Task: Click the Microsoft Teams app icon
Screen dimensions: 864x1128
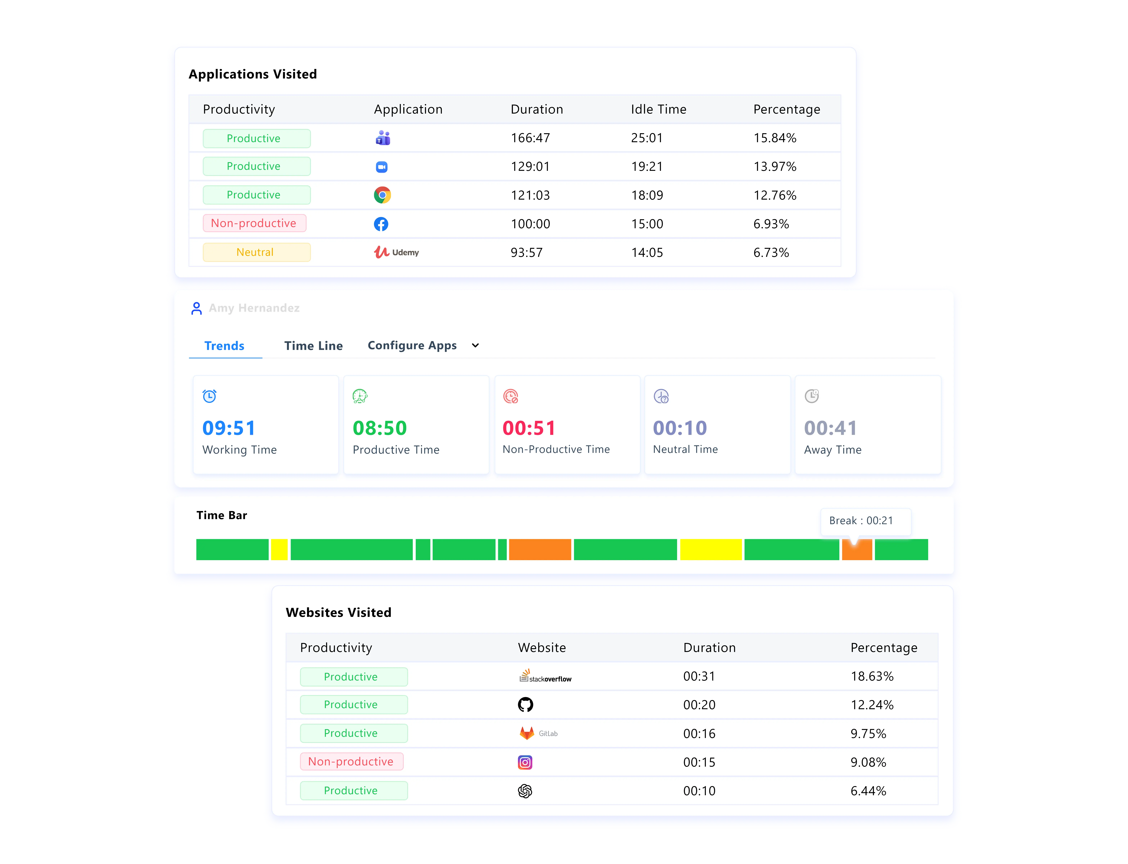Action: coord(383,138)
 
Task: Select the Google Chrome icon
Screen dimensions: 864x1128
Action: coord(382,195)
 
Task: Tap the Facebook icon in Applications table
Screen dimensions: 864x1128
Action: coord(381,224)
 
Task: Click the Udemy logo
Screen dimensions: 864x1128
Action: coord(396,252)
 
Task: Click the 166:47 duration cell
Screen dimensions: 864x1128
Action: coord(530,138)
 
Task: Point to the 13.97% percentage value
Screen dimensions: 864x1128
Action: coord(774,167)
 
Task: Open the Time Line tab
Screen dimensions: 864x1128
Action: coord(313,346)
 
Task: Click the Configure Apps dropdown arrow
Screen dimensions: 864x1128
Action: coord(476,346)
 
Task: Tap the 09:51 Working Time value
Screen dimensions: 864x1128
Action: coord(229,428)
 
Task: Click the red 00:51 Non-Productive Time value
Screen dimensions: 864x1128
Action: coord(529,428)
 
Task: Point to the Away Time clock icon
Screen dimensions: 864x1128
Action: coord(811,396)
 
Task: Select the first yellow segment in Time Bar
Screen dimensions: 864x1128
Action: coord(279,549)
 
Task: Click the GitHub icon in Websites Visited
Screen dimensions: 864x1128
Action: coord(525,705)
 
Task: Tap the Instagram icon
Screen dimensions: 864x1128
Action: coord(525,762)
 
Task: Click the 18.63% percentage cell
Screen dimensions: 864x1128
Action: coord(872,676)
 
